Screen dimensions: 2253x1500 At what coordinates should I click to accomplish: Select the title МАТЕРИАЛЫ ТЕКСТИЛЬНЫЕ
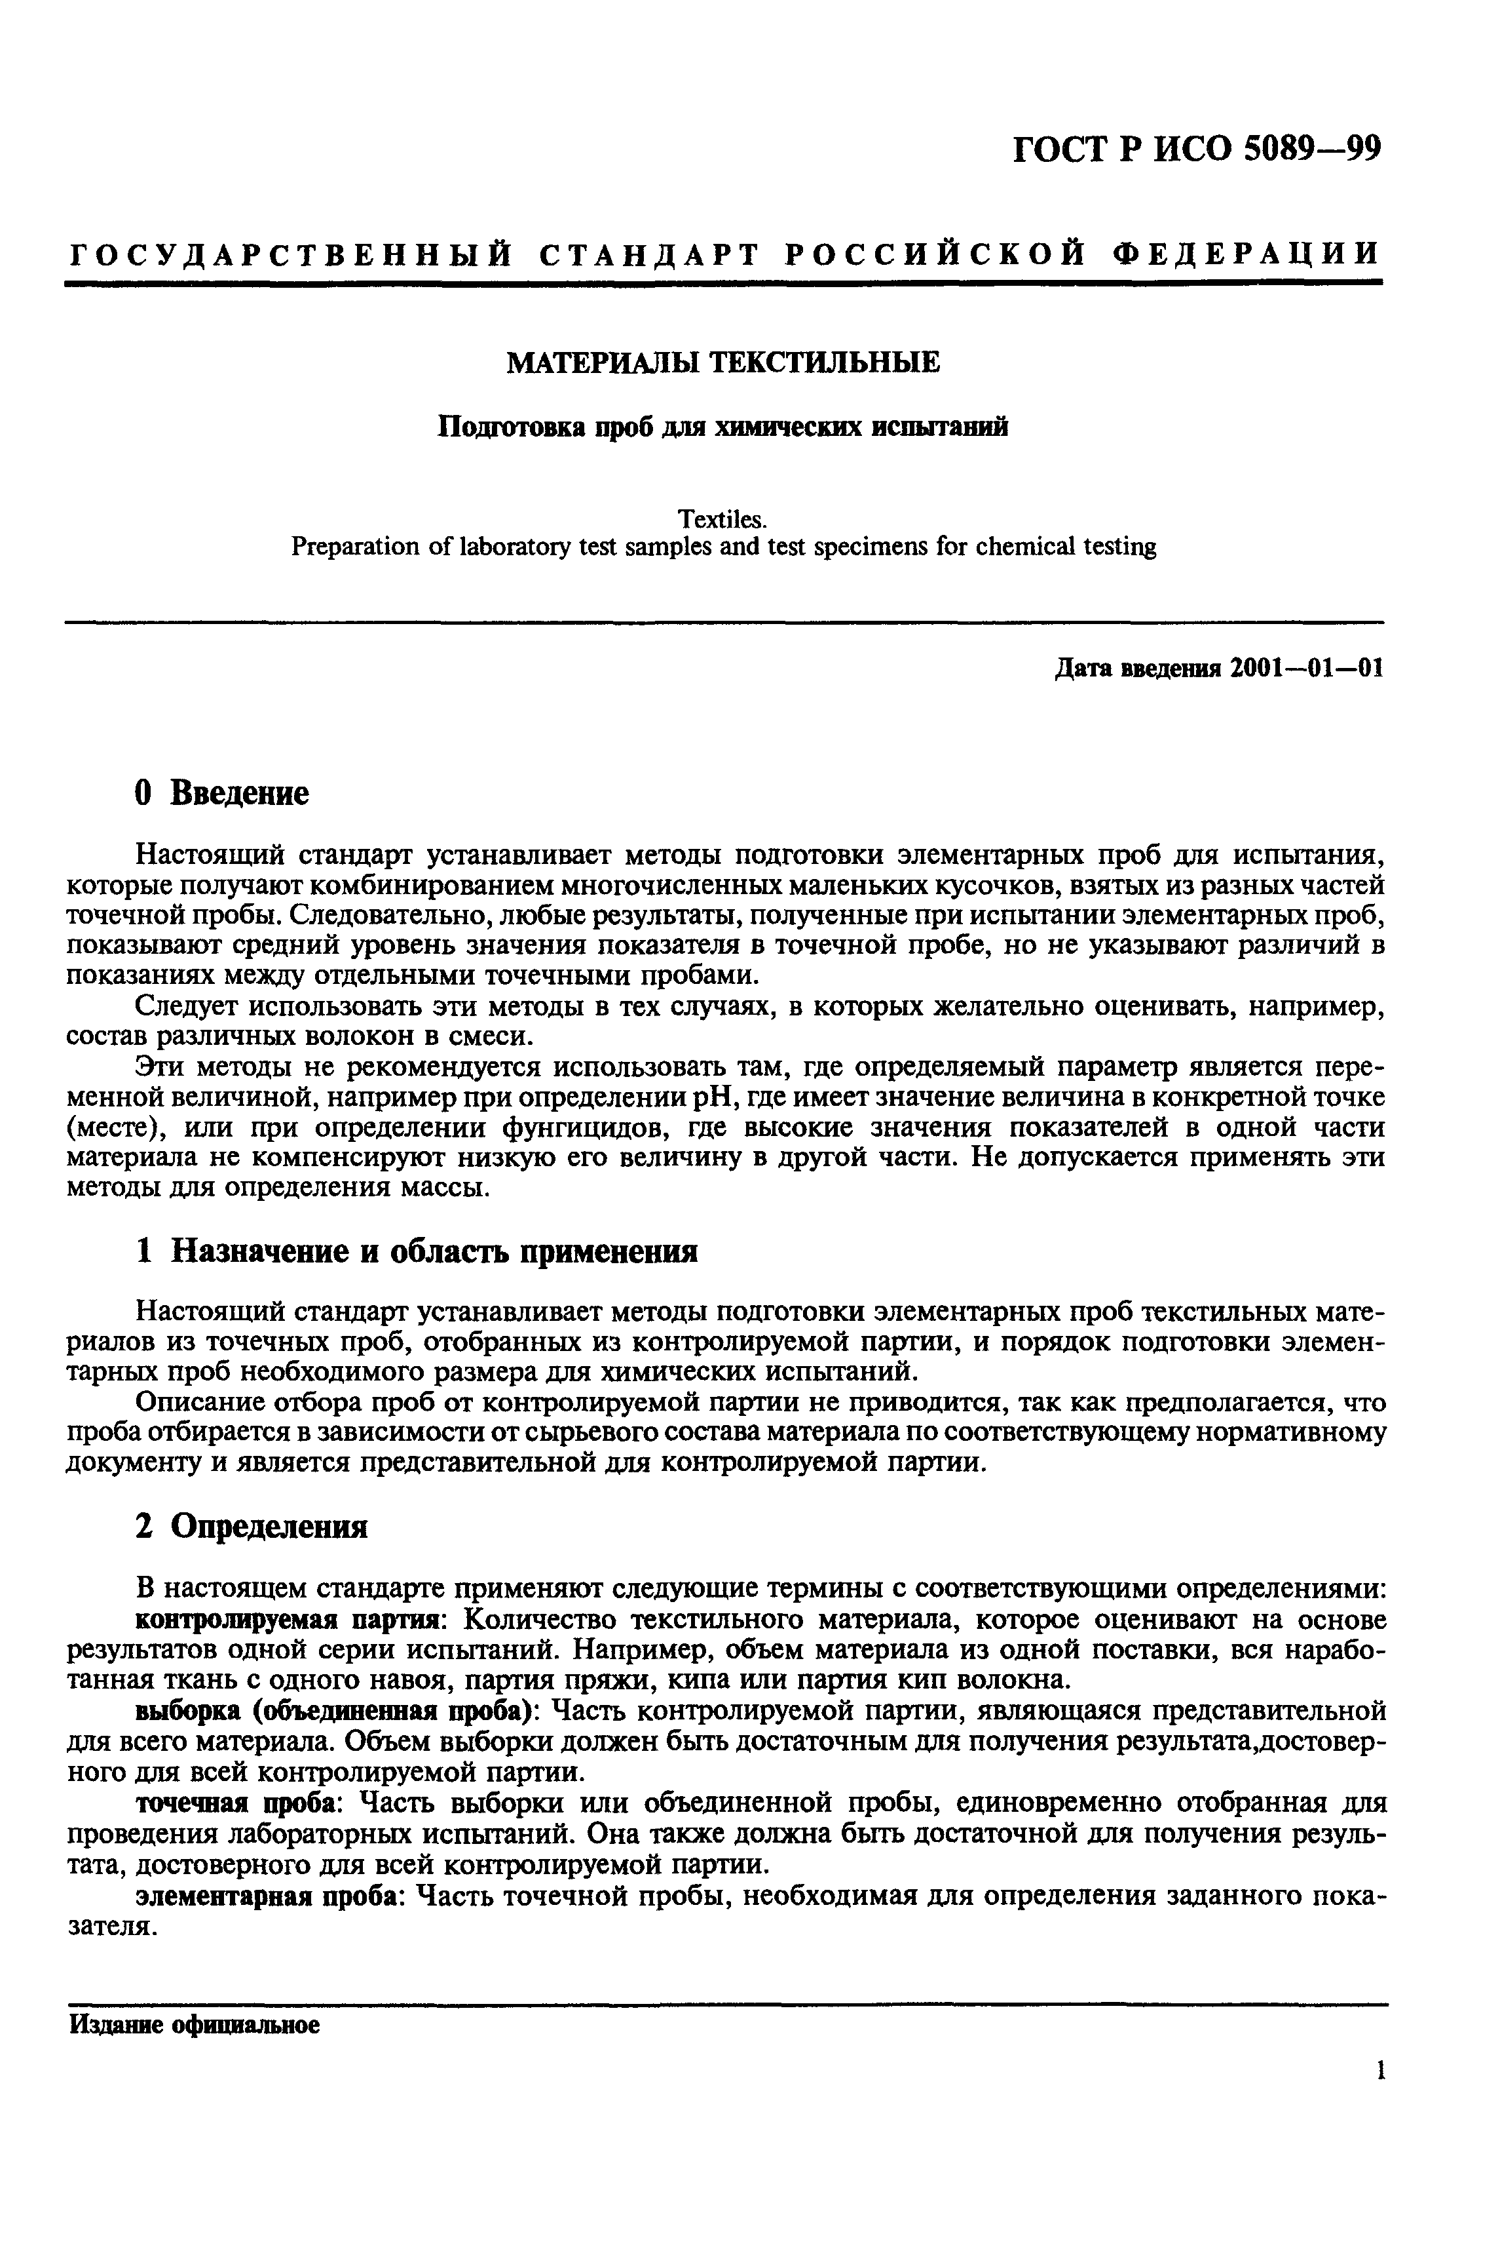click(722, 362)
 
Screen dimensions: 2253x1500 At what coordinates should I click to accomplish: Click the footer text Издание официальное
click(193, 2026)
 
